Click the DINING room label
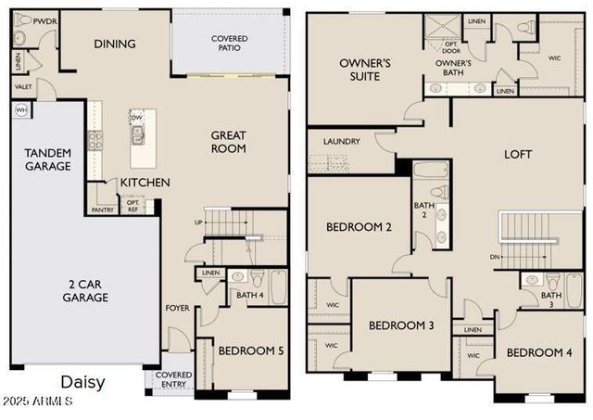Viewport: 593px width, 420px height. [115, 44]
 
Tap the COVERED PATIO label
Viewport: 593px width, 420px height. [229, 44]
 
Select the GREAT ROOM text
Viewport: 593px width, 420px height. [228, 141]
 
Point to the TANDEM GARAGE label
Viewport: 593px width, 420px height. [47, 159]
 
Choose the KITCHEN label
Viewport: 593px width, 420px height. [145, 183]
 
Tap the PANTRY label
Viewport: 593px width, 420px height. [102, 210]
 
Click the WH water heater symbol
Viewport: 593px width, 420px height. [21, 109]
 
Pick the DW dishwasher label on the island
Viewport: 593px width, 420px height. [136, 118]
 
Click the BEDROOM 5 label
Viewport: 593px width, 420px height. [250, 350]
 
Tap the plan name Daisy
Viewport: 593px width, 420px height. [82, 382]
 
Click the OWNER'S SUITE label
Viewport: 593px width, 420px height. [365, 70]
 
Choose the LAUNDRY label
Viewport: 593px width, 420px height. [341, 142]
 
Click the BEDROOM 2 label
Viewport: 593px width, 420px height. [359, 227]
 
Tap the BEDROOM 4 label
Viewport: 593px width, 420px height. [540, 352]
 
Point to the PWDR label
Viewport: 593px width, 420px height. [44, 20]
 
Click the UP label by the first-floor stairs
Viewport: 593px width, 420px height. [197, 223]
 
